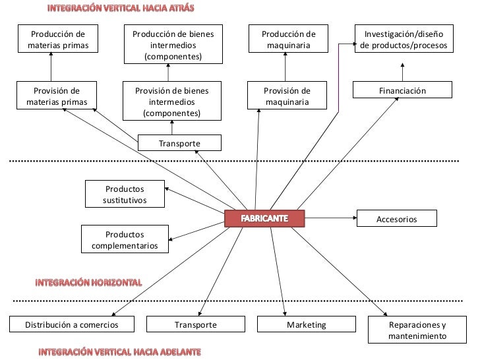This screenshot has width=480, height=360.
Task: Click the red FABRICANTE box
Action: pyautogui.click(x=264, y=219)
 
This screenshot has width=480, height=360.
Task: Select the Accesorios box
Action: pyautogui.click(x=397, y=218)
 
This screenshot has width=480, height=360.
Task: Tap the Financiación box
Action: pyautogui.click(x=402, y=90)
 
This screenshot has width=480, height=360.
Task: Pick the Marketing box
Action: pyautogui.click(x=307, y=324)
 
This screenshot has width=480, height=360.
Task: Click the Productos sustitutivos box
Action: pyautogui.click(x=125, y=194)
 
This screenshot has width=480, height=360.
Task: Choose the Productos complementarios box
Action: pyautogui.click(x=125, y=239)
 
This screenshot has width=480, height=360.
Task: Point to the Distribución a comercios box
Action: pyautogui.click(x=72, y=324)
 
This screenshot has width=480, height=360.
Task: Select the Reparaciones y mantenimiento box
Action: pyautogui.click(x=417, y=330)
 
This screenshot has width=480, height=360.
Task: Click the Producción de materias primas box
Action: pyautogui.click(x=58, y=38)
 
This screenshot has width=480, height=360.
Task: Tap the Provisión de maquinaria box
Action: pyautogui.click(x=287, y=95)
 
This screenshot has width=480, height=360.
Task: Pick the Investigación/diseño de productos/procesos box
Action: pyautogui.click(x=404, y=38)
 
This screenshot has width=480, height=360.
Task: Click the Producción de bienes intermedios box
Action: pyautogui.click(x=173, y=44)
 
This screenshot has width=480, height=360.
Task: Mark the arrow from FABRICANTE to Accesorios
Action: pyautogui.click(x=331, y=218)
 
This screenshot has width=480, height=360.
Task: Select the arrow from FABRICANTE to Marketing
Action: pyautogui.click(x=278, y=272)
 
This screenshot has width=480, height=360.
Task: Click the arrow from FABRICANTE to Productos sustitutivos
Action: pyautogui.click(x=195, y=200)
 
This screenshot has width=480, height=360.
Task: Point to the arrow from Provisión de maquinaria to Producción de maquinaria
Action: pyautogui.click(x=285, y=67)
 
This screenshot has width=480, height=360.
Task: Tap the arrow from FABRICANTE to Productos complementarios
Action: pyautogui.click(x=196, y=231)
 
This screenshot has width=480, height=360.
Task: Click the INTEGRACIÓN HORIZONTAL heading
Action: pyautogui.click(x=89, y=283)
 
